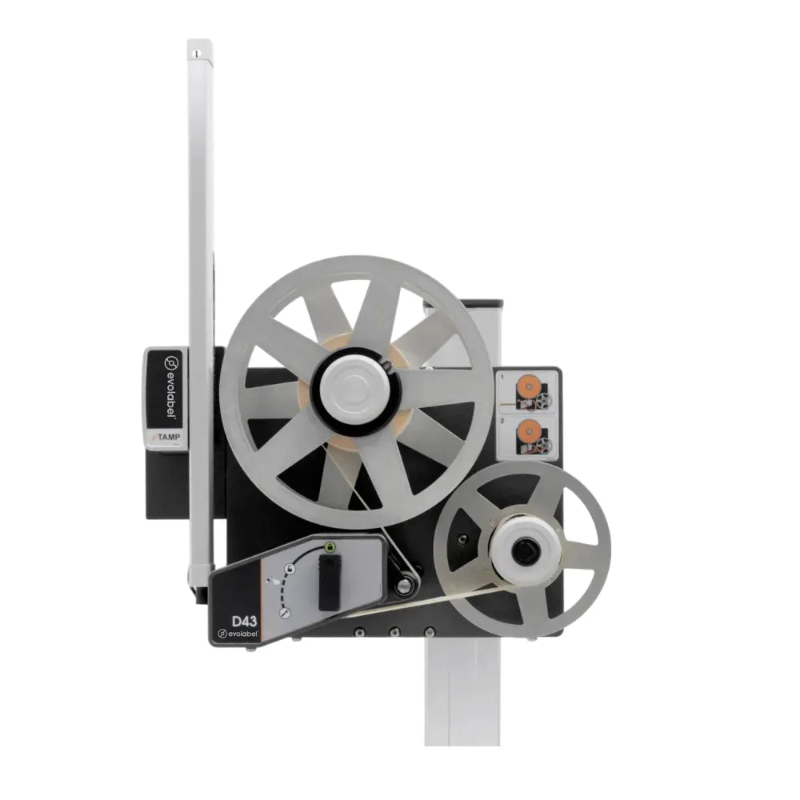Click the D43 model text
click(244, 621)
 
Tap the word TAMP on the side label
click(169, 437)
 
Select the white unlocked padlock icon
click(290, 568)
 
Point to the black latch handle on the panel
click(329, 582)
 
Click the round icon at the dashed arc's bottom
click(286, 614)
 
